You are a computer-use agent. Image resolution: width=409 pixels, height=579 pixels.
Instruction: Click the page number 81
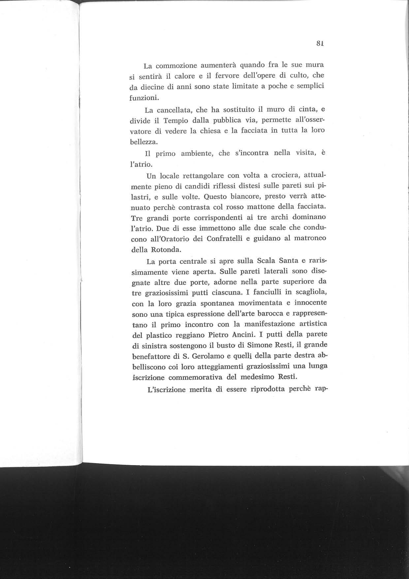[x=319, y=43]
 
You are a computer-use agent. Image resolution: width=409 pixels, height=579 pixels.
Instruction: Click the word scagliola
[x=302, y=293]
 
